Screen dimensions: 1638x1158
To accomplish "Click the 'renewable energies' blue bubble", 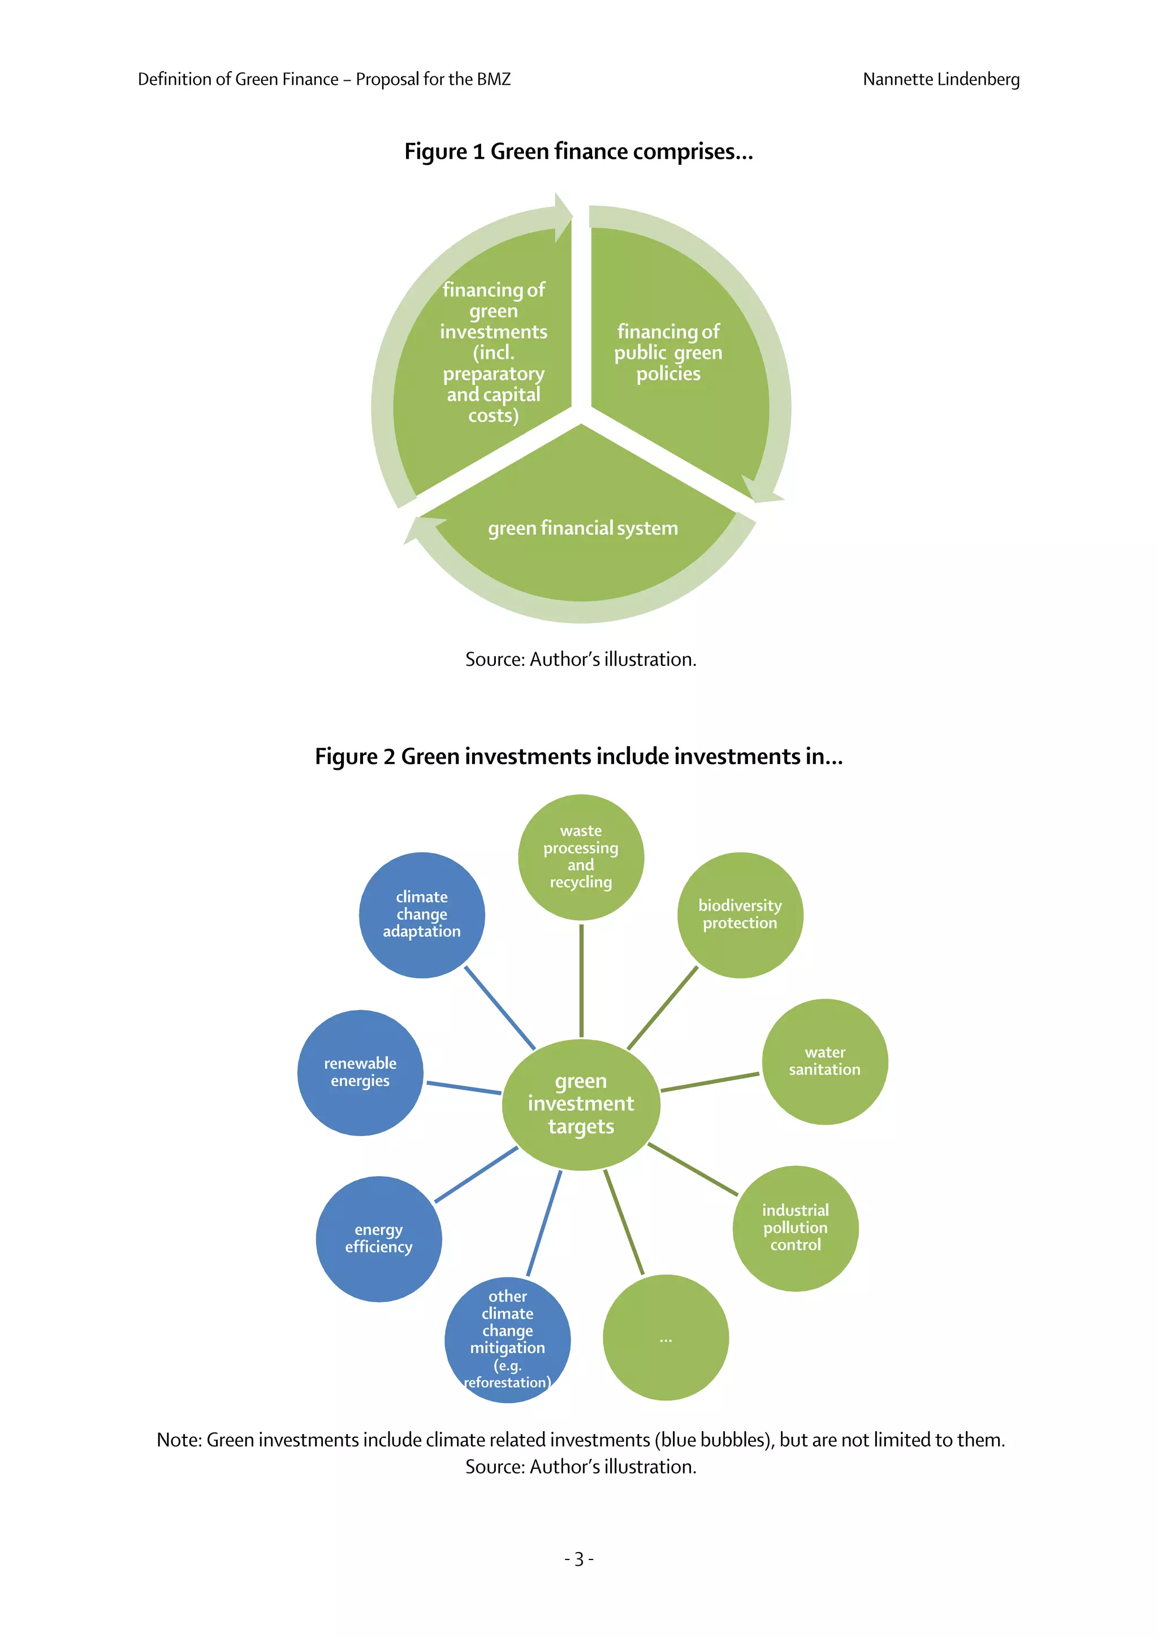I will coord(360,1072).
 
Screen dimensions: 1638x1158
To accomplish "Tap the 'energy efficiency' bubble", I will coord(378,1238).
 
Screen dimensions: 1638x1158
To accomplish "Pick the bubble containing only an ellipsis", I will coord(665,1338).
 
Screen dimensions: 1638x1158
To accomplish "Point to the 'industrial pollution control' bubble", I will coord(795,1228).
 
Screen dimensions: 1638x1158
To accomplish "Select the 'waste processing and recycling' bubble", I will coord(580,857).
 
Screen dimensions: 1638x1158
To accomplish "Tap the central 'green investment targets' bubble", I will coord(580,1104).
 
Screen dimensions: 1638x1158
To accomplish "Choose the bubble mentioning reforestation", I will coord(507,1340).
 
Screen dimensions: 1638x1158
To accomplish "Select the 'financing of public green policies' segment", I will coord(668,353).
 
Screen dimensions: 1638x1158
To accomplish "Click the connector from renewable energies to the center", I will coord(464,1088).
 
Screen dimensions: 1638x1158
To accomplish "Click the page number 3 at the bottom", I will coord(578,1559).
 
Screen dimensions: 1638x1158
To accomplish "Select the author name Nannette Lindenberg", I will coord(940,79).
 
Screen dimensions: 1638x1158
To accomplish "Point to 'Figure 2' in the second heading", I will coord(355,756).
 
